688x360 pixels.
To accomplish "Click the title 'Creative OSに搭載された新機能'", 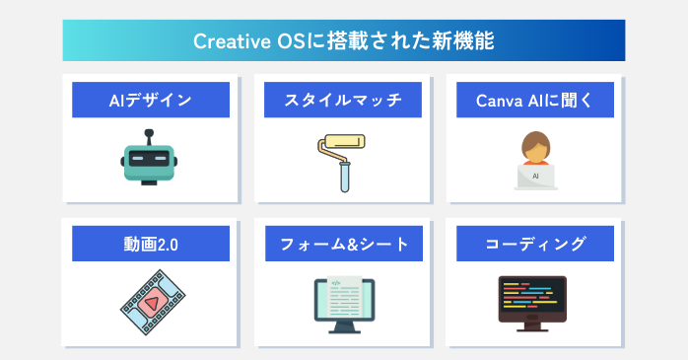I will pyautogui.click(x=343, y=40).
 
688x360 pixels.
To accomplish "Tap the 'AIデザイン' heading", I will pyautogui.click(x=150, y=100).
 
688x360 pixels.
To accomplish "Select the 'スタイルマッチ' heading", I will pyautogui.click(x=343, y=100).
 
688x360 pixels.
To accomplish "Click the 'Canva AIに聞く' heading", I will pyautogui.click(x=536, y=100).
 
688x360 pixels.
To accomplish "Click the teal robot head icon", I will pyautogui.click(x=149, y=161).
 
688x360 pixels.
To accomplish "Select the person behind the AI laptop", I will pyautogui.click(x=536, y=147).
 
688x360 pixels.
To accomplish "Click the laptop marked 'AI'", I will pyautogui.click(x=536, y=176).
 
